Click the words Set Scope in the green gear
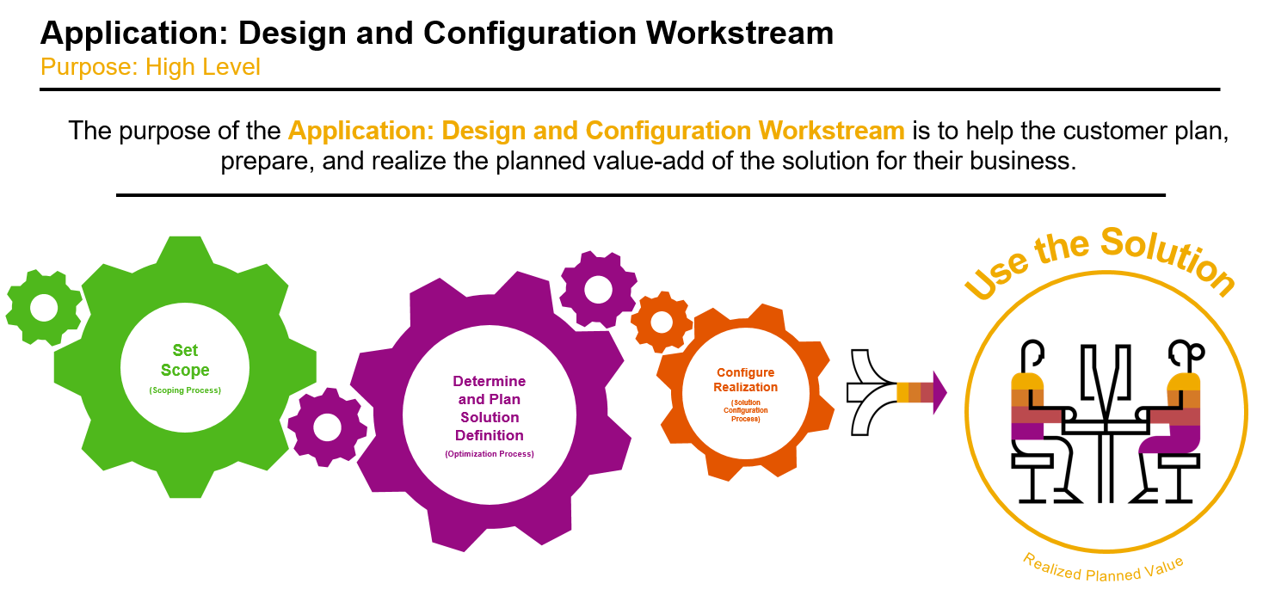pyautogui.click(x=185, y=360)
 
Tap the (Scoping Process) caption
pyautogui.click(x=185, y=390)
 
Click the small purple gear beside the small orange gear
pyautogui.click(x=599, y=290)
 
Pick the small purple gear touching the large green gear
pyautogui.click(x=328, y=427)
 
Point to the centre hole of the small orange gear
pyautogui.click(x=662, y=322)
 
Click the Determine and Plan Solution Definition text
pyautogui.click(x=490, y=408)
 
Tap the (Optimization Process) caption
pyautogui.click(x=490, y=454)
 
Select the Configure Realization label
pyautogui.click(x=746, y=380)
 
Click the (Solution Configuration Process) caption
pyautogui.click(x=746, y=411)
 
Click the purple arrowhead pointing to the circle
pyautogui.click(x=939, y=392)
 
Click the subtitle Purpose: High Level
pyautogui.click(x=150, y=67)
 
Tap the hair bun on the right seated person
pyautogui.click(x=1197, y=352)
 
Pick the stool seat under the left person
pyautogui.click(x=1032, y=461)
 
